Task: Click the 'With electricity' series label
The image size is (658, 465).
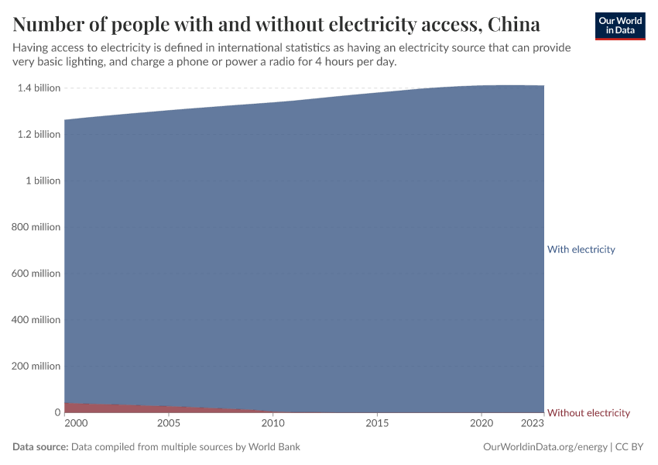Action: point(581,250)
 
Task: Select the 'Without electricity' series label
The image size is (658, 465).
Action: point(588,413)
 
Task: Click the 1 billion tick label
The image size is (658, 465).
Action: point(43,181)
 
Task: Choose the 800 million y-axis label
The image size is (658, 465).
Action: point(36,227)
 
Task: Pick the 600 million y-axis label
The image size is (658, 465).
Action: point(36,274)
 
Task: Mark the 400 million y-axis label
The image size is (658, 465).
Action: point(36,320)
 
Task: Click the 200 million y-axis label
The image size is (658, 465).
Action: point(36,367)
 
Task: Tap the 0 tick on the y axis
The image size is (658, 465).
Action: point(57,413)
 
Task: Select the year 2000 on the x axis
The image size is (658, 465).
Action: point(76,424)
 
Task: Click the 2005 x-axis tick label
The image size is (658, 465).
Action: point(169,424)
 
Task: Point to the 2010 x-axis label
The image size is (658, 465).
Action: point(272,424)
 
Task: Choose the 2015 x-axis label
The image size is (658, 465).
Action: point(377,424)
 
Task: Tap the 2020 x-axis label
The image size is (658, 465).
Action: point(482,424)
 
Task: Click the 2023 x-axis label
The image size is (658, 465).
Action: point(533,424)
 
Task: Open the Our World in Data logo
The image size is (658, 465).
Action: point(619,26)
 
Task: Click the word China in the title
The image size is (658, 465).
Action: point(514,25)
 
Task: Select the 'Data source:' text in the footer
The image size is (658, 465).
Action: point(40,447)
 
